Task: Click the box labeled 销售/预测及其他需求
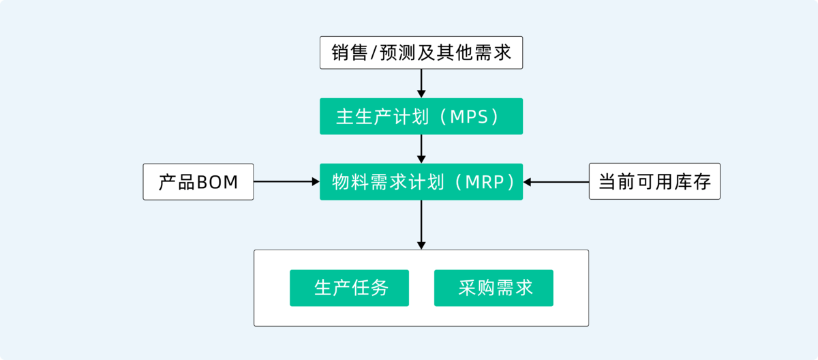click(x=421, y=52)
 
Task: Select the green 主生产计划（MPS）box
click(x=421, y=116)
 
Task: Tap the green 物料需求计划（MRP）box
click(x=421, y=181)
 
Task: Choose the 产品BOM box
click(x=198, y=181)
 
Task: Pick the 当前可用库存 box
click(x=654, y=181)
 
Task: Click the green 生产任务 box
click(x=349, y=288)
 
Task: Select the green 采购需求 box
click(x=494, y=288)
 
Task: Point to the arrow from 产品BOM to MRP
click(x=286, y=181)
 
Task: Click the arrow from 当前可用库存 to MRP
click(x=556, y=181)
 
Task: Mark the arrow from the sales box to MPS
click(x=421, y=83)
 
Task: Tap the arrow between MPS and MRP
click(x=421, y=149)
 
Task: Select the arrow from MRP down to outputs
click(x=421, y=224)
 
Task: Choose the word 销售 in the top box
click(x=349, y=53)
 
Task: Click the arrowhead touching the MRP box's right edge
click(x=528, y=181)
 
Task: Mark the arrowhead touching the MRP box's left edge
click(x=315, y=181)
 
